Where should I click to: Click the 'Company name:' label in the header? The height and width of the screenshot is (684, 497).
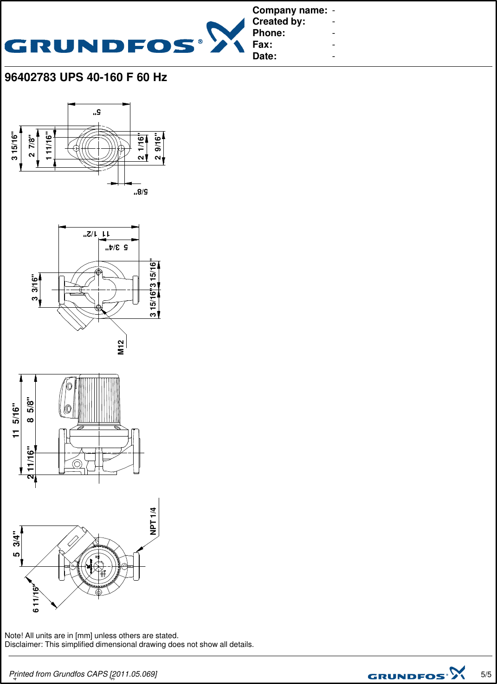point(290,10)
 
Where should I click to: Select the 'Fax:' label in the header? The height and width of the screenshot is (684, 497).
point(262,44)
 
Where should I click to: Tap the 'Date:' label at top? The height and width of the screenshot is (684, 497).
point(265,56)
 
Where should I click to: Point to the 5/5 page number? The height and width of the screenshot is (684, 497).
point(486,674)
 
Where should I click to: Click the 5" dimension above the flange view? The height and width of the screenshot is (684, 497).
point(97,112)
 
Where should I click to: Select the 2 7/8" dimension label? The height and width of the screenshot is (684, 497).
point(32,146)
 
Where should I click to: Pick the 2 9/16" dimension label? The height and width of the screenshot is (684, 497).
point(158,147)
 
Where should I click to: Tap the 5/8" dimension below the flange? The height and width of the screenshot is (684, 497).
point(141,191)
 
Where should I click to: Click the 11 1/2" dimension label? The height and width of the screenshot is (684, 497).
point(97,234)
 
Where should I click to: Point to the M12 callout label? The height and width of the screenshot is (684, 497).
point(121,347)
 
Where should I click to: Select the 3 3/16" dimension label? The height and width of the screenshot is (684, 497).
point(35,288)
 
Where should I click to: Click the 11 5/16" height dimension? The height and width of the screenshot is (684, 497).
point(16,420)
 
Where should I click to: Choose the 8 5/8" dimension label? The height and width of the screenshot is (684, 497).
point(31,410)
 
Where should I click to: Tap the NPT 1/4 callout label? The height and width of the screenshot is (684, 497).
point(153,521)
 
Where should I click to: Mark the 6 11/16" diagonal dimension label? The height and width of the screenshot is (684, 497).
point(36,599)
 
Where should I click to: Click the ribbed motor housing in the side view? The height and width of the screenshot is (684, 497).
point(99,399)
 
